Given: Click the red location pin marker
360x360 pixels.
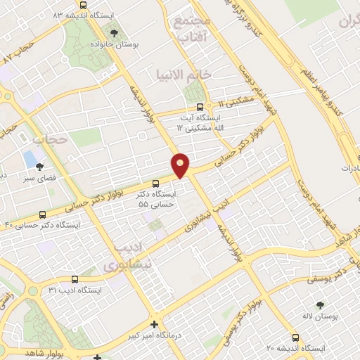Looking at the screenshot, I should pyautogui.click(x=181, y=165).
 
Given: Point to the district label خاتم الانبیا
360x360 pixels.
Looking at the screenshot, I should pyautogui.click(x=184, y=73).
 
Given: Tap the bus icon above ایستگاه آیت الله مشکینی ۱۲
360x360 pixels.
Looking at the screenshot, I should pyautogui.click(x=201, y=107).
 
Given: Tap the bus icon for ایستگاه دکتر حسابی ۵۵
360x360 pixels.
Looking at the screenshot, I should pyautogui.click(x=156, y=184).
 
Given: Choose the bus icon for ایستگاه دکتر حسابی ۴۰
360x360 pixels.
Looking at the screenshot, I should pyautogui.click(x=44, y=214).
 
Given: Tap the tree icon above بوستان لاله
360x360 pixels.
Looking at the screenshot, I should pyautogui.click(x=321, y=305).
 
